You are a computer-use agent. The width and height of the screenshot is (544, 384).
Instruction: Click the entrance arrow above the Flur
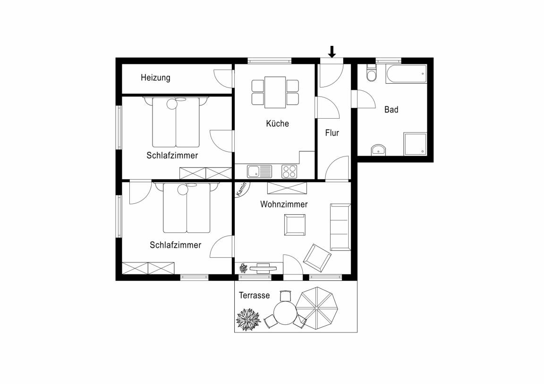332,52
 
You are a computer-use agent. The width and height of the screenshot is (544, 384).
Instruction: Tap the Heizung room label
155,78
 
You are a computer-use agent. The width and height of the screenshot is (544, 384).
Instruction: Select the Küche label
277,123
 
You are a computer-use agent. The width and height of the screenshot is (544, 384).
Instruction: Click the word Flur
332,133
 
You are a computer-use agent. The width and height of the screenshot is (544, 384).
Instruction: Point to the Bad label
391,110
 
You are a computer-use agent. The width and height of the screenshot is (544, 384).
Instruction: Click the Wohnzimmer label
284,204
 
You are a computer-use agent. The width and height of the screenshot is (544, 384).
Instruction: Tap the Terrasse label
255,296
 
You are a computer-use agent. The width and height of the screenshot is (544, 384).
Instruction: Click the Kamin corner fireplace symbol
241,189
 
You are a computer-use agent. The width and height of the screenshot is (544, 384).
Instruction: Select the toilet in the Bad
371,73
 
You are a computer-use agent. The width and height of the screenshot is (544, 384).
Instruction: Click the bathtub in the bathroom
406,74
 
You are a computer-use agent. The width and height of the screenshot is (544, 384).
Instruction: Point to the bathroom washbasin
378,150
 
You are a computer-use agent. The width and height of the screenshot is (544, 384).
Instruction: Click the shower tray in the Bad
415,144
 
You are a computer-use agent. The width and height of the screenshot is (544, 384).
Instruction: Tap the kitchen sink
260,171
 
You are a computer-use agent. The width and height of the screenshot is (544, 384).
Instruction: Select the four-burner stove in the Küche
289,171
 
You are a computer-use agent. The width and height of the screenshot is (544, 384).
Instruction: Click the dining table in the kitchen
275,92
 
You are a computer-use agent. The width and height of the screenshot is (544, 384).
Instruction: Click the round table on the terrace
285,313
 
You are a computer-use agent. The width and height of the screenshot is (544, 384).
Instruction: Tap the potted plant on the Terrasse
248,319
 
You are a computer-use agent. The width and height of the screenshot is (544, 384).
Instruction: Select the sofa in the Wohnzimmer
340,227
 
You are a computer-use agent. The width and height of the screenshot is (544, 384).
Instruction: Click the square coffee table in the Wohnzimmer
295,225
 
